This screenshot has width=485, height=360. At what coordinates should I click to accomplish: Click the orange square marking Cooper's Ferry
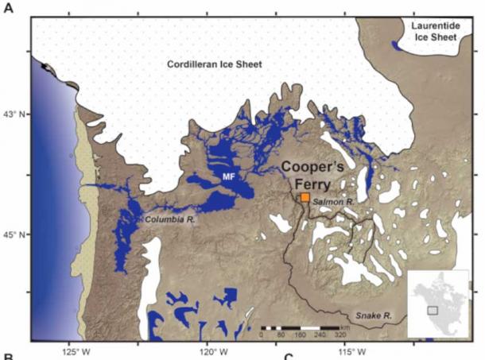(x=305, y=198)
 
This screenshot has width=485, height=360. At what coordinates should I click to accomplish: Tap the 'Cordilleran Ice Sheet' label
(x=214, y=64)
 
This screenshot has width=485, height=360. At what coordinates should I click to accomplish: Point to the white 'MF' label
(x=229, y=175)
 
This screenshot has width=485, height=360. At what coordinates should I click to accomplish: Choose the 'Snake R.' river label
(x=374, y=316)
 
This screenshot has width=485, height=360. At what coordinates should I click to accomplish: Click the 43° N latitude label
(x=15, y=114)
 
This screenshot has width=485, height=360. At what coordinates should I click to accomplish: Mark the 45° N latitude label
(x=15, y=235)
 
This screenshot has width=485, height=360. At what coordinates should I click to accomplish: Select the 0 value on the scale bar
(x=262, y=335)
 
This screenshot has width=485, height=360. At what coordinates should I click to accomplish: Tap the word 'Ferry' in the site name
(x=306, y=184)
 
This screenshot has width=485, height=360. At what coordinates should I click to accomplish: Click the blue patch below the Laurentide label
(x=396, y=46)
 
